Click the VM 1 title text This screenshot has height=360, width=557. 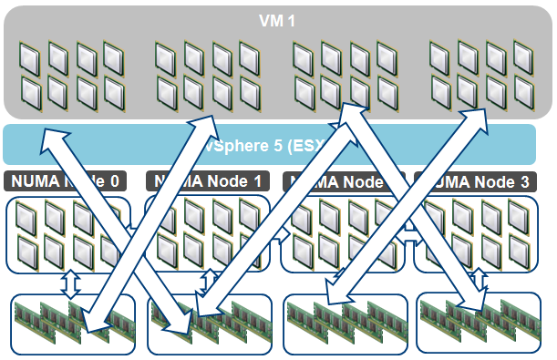278,19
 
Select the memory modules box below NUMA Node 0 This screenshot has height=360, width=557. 72,324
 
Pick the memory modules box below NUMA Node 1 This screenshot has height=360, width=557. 209,324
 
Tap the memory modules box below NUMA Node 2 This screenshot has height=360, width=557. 346,324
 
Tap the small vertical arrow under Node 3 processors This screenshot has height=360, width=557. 476,283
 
